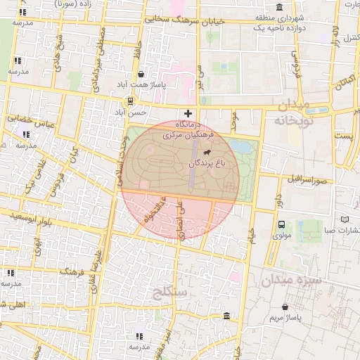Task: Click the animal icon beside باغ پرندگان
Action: coord(207,153)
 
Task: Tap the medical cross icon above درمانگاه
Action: coord(188,113)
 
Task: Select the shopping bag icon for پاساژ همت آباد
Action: coord(141,74)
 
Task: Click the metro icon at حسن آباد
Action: coord(130,101)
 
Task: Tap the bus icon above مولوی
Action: coord(281,225)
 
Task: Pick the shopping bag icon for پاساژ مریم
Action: coord(285,307)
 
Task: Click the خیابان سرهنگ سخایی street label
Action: coord(184,20)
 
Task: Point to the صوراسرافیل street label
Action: coord(308,178)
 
